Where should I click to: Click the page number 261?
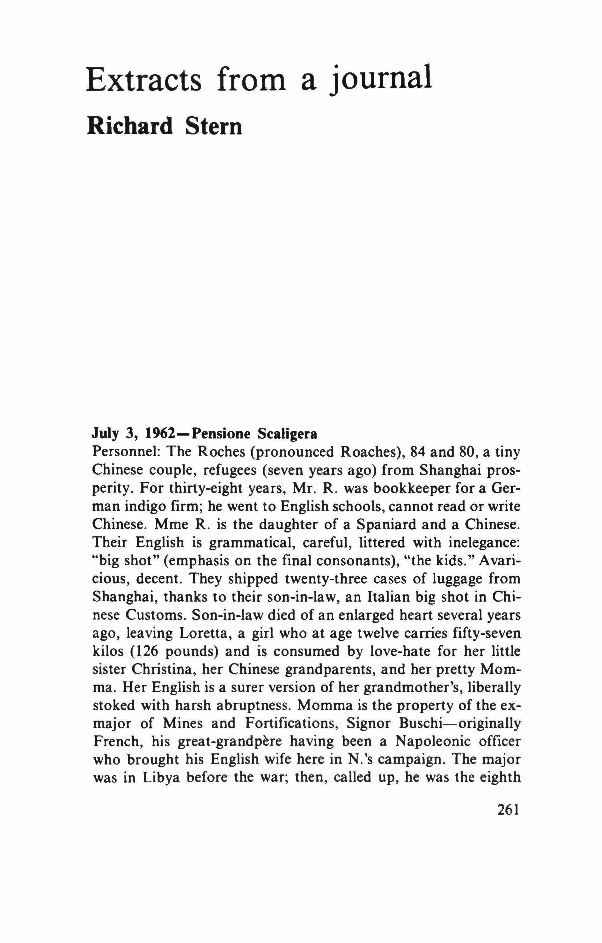click(508, 809)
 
